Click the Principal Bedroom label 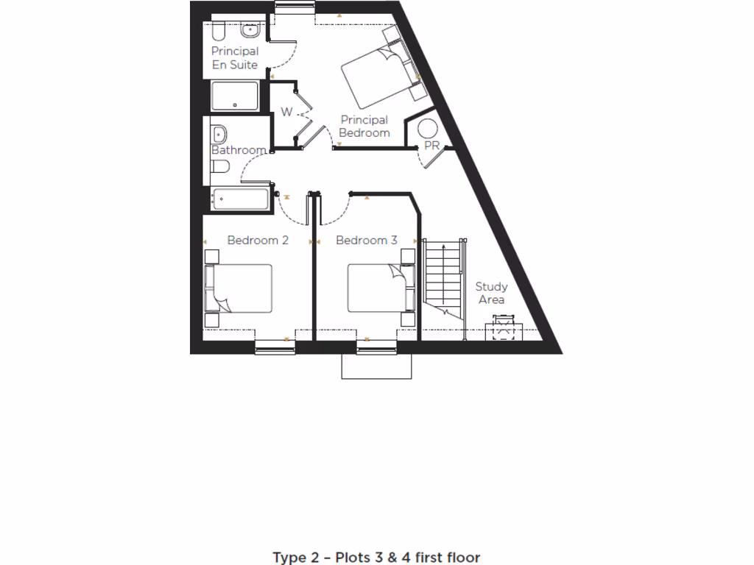click(364, 127)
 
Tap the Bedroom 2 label click(257, 241)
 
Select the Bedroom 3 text click(366, 241)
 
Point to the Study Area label click(491, 293)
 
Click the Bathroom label click(239, 150)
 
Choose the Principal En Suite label click(235, 58)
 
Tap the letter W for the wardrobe click(286, 113)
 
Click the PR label click(431, 146)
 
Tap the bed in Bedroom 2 click(240, 288)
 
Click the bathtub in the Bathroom click(241, 198)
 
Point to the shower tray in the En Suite click(236, 96)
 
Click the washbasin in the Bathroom click(219, 134)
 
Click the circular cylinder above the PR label click(429, 128)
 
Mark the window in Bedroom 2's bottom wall click(275, 347)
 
